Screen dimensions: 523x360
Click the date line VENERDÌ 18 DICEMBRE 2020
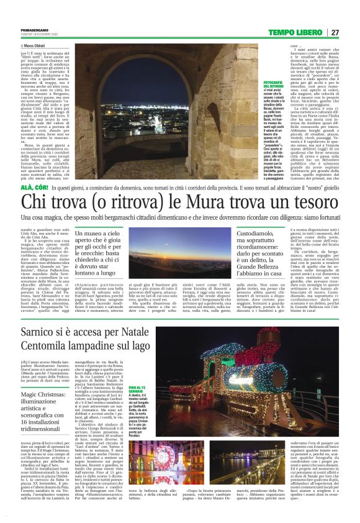point(39,34)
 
